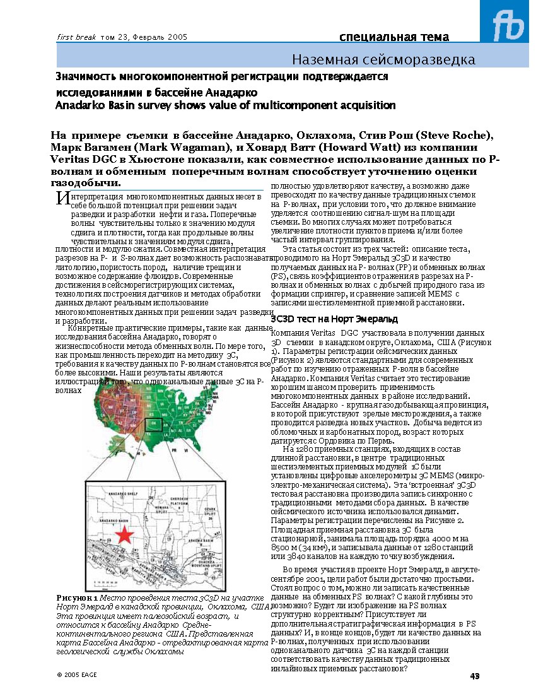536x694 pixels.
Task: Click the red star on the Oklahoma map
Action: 125,534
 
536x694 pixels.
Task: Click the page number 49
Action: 475,676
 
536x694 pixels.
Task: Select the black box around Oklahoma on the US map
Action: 153,423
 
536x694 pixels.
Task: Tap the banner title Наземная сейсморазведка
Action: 383,60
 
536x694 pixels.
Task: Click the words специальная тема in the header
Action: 394,37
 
